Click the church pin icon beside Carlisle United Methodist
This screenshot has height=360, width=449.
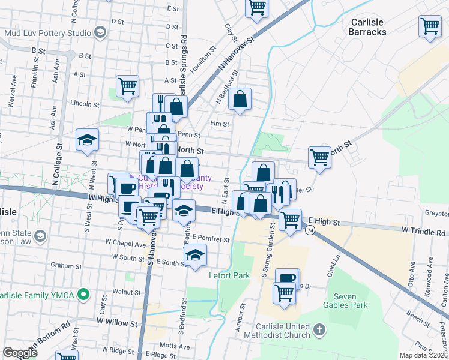(319, 330)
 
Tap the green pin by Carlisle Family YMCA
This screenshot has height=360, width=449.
(84, 294)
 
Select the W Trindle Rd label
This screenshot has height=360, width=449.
(423, 230)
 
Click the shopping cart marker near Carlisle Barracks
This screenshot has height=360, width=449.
(430, 26)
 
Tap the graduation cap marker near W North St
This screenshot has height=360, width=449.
(87, 140)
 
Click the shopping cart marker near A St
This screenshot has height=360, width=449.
(127, 86)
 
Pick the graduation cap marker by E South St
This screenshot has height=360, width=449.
(195, 254)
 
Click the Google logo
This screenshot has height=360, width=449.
(20, 353)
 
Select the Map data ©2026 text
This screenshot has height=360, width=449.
(423, 355)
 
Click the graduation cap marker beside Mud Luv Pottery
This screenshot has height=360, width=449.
(100, 32)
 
